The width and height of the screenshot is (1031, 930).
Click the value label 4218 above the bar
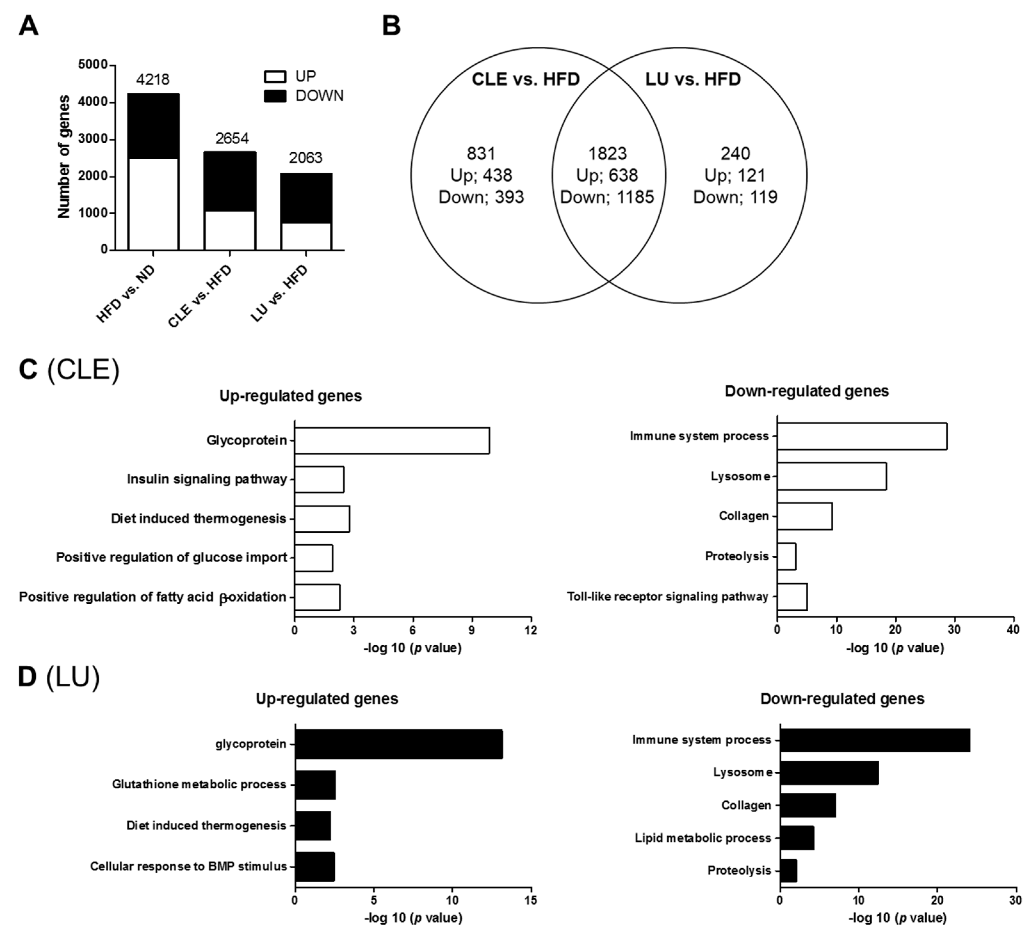153,79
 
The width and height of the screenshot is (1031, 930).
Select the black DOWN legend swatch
275,96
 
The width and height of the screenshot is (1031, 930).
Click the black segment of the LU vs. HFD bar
306,198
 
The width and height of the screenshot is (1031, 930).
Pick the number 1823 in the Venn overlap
607,153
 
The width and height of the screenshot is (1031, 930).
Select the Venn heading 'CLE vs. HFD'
526,79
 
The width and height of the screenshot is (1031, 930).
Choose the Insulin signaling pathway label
207,479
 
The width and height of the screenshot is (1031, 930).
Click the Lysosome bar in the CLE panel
831,476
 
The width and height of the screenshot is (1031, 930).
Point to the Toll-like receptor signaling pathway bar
792,596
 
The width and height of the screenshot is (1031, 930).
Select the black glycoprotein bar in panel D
399,744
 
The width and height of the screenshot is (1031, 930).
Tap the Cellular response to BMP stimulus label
188,866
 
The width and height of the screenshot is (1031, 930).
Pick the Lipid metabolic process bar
797,838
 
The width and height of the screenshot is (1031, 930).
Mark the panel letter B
391,26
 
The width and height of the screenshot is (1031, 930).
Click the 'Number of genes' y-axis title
64,157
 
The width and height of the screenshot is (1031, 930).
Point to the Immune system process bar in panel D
874,740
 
